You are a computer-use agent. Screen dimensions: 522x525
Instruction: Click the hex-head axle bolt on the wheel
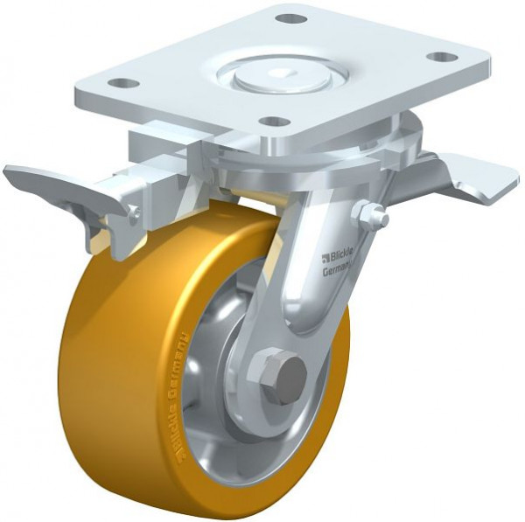[285, 373]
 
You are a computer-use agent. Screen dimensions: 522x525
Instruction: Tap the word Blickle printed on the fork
[343, 257]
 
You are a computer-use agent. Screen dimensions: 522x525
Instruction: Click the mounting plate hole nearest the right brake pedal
[443, 58]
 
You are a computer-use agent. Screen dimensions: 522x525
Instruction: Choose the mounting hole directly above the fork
[275, 121]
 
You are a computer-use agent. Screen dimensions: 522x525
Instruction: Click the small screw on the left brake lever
[132, 212]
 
